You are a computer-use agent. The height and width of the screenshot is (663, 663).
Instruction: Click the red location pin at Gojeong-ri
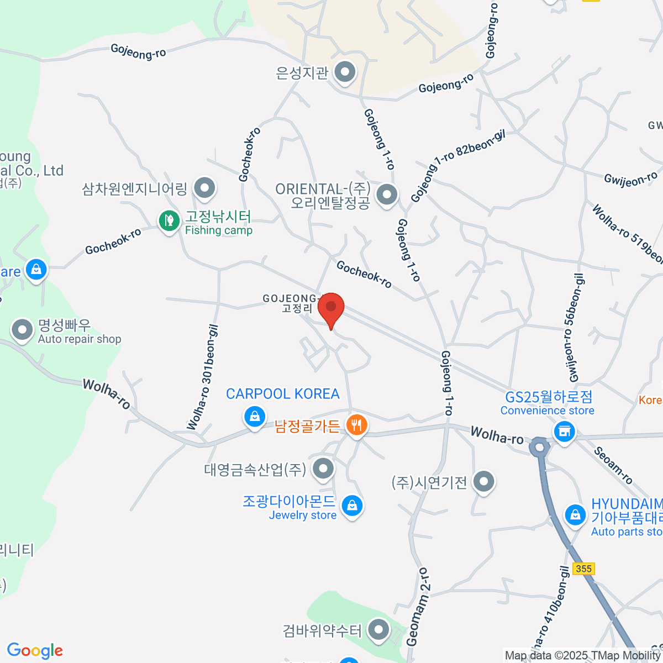[x=331, y=307]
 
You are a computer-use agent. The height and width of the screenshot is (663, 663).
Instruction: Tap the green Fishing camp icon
[x=169, y=222]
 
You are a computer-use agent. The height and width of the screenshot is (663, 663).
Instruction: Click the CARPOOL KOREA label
[x=282, y=394]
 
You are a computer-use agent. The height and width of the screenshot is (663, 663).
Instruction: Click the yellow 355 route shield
[x=583, y=569]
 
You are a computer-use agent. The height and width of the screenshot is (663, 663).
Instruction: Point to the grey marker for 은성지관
[x=346, y=72]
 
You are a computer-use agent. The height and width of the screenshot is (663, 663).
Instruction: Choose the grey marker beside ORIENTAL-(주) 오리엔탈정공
[x=386, y=194]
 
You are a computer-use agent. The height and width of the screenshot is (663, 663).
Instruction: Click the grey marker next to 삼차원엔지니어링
[x=205, y=188]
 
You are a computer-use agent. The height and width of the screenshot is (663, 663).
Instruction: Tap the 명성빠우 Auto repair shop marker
[x=23, y=330]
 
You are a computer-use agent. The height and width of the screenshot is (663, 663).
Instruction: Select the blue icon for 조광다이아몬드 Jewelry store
[x=352, y=504]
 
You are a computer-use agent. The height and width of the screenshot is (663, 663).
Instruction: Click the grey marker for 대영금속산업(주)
[x=323, y=469]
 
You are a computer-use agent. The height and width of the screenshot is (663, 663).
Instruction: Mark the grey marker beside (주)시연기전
[x=484, y=481]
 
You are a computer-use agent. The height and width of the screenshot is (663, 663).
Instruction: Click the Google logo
[x=35, y=651]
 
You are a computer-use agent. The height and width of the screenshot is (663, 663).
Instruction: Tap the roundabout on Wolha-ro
[x=539, y=446]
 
